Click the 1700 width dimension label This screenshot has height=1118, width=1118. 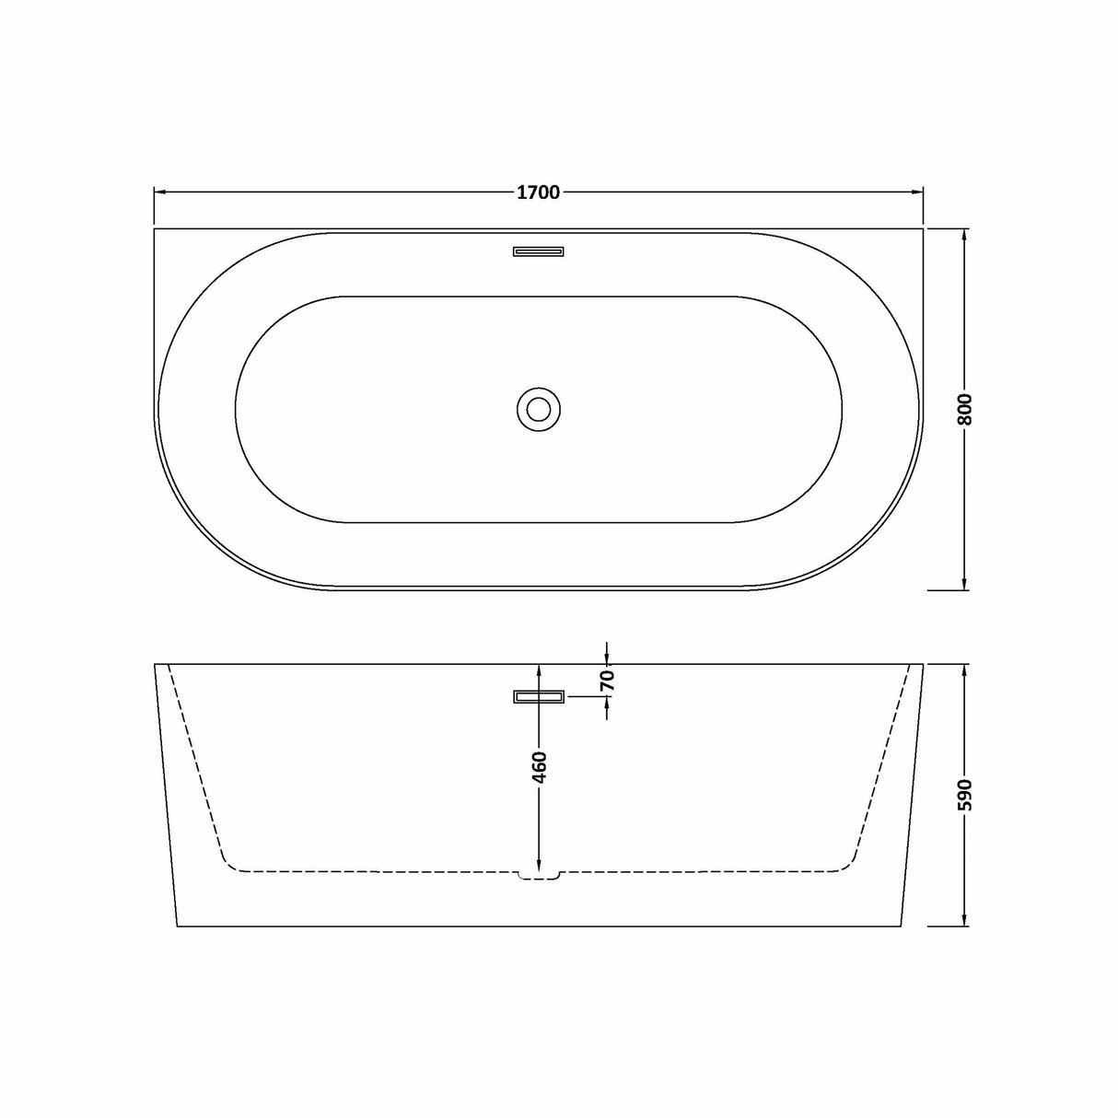click(x=538, y=192)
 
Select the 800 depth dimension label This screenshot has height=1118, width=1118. click(x=965, y=410)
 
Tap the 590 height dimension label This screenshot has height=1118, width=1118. click(x=965, y=794)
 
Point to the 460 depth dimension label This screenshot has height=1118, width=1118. click(x=540, y=767)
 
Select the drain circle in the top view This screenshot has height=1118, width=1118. click(x=538, y=408)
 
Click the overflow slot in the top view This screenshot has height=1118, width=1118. click(x=538, y=250)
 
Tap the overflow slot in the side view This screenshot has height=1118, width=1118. click(x=538, y=697)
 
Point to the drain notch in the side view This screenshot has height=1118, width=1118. click(x=538, y=875)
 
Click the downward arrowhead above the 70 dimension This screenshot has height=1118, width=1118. click(x=607, y=656)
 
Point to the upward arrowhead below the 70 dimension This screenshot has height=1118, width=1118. click(x=607, y=705)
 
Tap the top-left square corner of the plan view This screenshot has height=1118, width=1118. click(x=154, y=228)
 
